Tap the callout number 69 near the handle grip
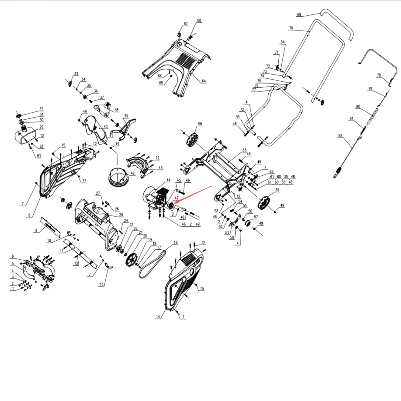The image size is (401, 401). pyautogui.click(x=299, y=15)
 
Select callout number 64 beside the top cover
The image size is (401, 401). pyautogui.click(x=204, y=81)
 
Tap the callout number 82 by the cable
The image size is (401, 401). pyautogui.click(x=340, y=136)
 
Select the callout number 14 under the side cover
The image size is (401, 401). pyautogui.click(x=158, y=317)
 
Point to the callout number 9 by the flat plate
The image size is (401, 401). pyautogui.click(x=36, y=230)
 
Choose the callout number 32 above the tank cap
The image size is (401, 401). pyautogui.click(x=41, y=109)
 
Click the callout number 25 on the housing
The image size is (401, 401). pyautogui.click(x=121, y=215)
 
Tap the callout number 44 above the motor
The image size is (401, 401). pyautogui.click(x=168, y=180)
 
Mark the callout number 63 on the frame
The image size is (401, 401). pyautogui.click(x=244, y=150)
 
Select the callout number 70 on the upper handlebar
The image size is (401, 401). pyautogui.click(x=291, y=28)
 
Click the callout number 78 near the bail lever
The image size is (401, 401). pyautogui.click(x=379, y=75)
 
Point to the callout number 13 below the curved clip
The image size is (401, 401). pyautogui.click(x=101, y=284)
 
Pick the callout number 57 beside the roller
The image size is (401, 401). pyautogui.click(x=256, y=217)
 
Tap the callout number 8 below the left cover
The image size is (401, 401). pyautogui.click(x=29, y=215)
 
